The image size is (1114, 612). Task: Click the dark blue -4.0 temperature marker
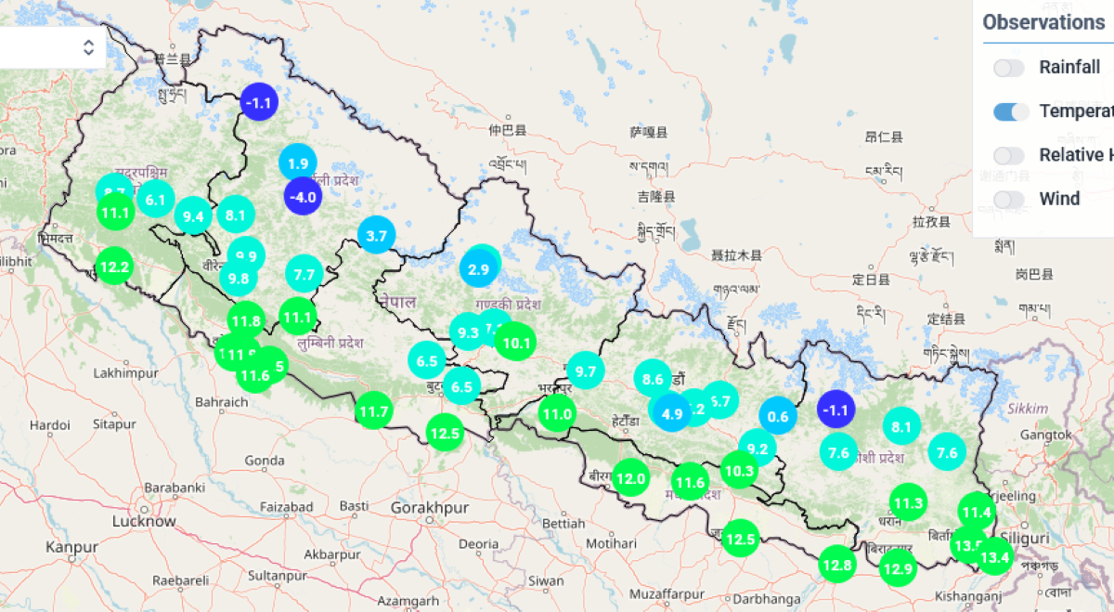pos(303,197)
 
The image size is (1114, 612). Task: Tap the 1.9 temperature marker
pos(298,163)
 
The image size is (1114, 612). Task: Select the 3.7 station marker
pos(376,236)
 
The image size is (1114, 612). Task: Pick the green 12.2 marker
pos(114,267)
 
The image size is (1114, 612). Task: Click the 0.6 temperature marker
pos(778,416)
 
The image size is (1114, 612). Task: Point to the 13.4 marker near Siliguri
pos(994,557)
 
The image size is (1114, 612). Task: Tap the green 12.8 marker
pos(836,564)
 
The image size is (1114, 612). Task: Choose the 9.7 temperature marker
pos(585,371)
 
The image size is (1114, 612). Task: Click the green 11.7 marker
pos(373,410)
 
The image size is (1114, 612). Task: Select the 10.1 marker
pos(515,343)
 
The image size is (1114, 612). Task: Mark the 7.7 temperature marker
pos(304,274)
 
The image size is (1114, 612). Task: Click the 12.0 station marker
pos(630,479)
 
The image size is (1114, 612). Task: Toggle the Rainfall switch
pos(1009,68)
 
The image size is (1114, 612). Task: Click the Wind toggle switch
pos(1009,199)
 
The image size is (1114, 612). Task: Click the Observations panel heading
pos(1043,22)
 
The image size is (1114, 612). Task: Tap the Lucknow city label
pos(143,521)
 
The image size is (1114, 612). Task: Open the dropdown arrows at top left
pos(89,47)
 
